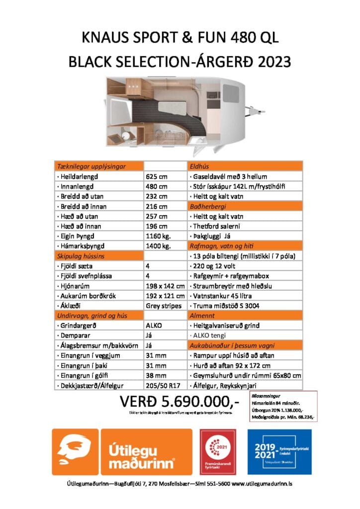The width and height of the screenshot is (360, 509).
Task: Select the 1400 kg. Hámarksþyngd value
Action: coord(159,246)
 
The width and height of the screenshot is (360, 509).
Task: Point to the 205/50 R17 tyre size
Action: coord(164,385)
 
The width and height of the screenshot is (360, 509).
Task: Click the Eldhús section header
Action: coord(197,167)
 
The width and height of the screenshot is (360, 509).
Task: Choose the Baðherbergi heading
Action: coord(205,206)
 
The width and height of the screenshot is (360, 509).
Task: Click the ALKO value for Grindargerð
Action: coord(153,326)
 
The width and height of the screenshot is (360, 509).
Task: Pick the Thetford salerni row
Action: coord(217,226)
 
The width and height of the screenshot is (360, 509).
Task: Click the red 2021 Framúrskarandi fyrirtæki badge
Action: coord(218,452)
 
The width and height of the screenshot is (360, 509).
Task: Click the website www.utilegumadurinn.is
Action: coord(262,484)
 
